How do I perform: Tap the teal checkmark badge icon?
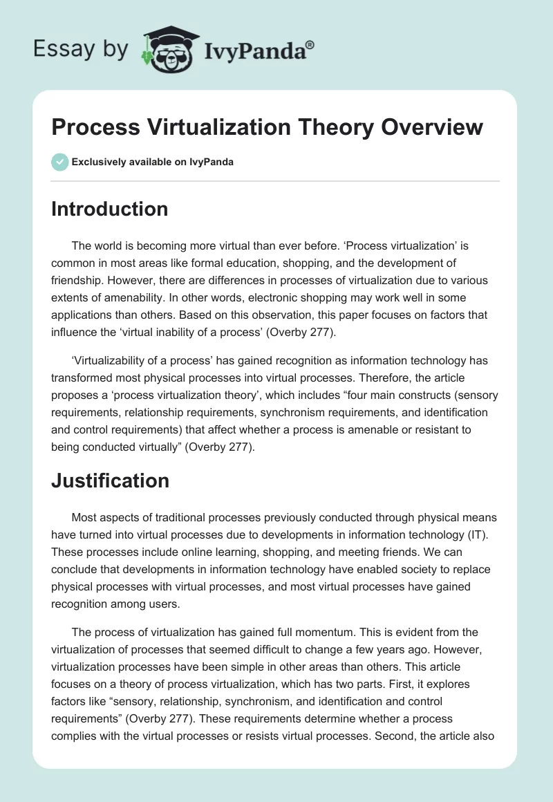59,162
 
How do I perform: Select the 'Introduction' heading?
109,209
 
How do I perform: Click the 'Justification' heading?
110,481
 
